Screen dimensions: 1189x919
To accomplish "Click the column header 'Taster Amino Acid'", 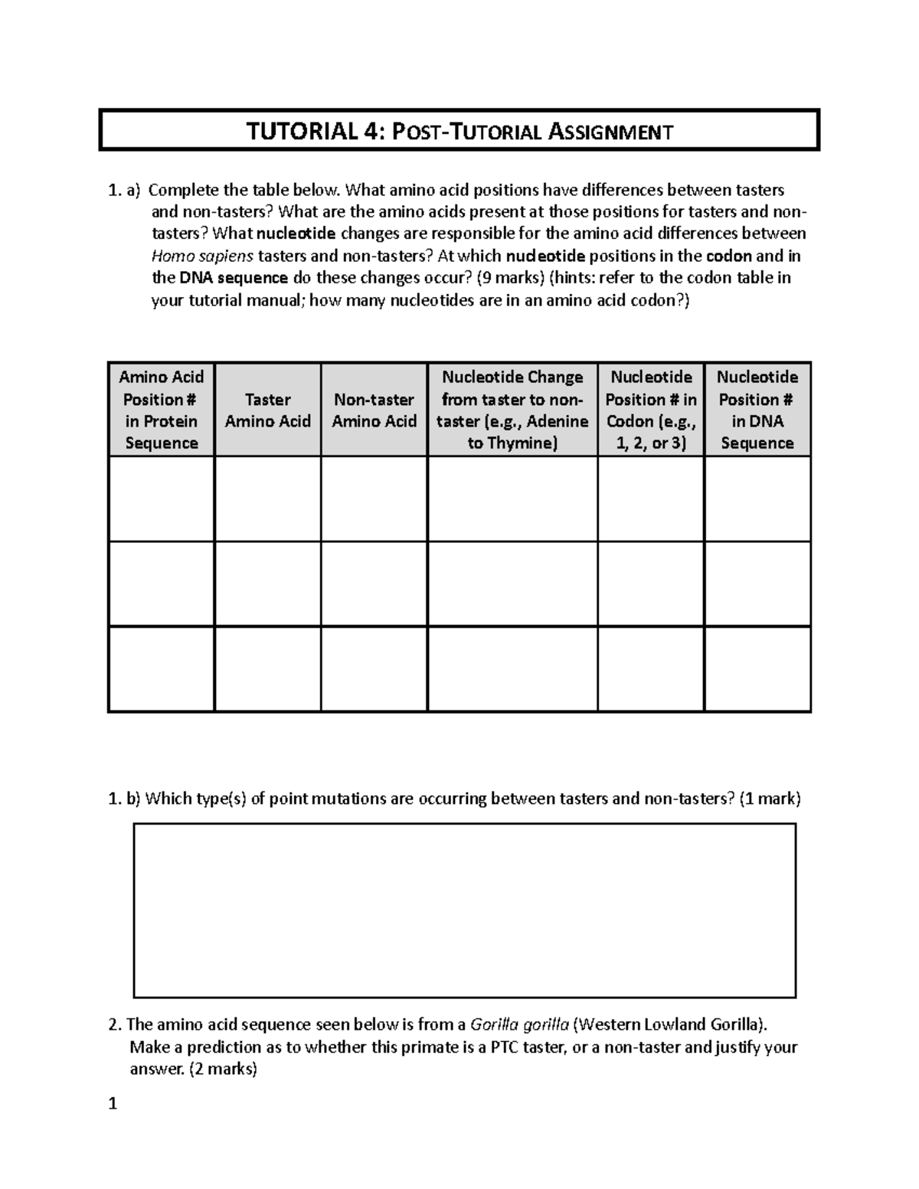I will pyautogui.click(x=267, y=410).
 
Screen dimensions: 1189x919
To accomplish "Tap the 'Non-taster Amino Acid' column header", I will pyautogui.click(x=374, y=410).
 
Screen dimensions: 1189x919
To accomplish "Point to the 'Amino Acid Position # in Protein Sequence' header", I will pyautogui.click(x=161, y=410).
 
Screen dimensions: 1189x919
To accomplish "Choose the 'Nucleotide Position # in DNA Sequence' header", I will pyautogui.click(x=757, y=410).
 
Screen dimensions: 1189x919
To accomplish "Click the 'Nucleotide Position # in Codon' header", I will pyautogui.click(x=650, y=410).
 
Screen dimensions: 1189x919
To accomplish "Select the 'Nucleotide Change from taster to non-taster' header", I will pyautogui.click(x=512, y=410).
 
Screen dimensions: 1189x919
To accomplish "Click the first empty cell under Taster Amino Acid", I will pyautogui.click(x=267, y=499).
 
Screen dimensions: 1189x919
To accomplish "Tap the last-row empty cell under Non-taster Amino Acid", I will pyautogui.click(x=374, y=669).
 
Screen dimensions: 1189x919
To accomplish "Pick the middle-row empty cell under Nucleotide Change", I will pyautogui.click(x=512, y=584).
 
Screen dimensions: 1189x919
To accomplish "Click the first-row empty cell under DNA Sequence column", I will pyautogui.click(x=757, y=499).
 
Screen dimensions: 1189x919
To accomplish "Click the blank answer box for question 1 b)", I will pyautogui.click(x=465, y=910).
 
